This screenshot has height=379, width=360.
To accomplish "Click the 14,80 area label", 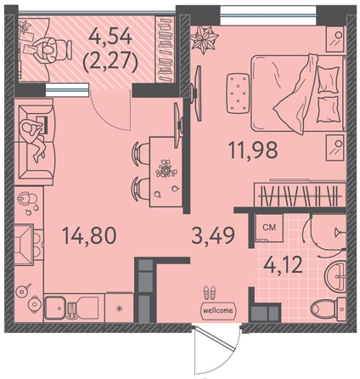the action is (x=89, y=235).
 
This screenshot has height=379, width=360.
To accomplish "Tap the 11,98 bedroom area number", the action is (x=253, y=150).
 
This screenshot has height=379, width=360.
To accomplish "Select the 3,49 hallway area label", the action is (x=213, y=235).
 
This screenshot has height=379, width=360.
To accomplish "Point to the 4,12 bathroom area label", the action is (x=283, y=265).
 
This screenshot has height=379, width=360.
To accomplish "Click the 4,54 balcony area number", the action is (x=110, y=36).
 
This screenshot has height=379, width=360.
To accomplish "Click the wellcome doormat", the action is (x=218, y=310).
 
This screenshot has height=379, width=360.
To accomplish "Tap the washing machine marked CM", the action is (x=269, y=228).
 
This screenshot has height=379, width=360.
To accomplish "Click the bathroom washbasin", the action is (x=335, y=274).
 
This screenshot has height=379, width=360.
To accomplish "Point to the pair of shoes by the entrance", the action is (x=210, y=291).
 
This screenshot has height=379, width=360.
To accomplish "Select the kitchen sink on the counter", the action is (x=57, y=308).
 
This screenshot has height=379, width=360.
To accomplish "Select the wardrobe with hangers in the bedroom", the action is (x=300, y=195).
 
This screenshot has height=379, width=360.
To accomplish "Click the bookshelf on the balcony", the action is (x=165, y=49).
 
